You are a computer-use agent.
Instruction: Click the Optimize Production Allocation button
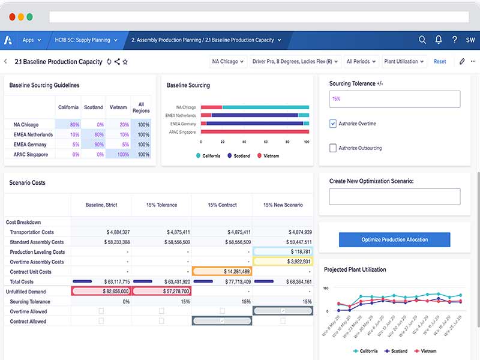(x=394, y=239)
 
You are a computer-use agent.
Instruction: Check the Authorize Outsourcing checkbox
(x=333, y=148)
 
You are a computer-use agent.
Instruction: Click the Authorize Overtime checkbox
(x=333, y=124)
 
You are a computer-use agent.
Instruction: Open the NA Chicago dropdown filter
(x=228, y=61)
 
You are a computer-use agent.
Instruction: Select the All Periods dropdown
(x=361, y=61)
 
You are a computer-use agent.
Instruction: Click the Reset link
(x=440, y=61)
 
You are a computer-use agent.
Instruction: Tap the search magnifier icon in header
(x=422, y=40)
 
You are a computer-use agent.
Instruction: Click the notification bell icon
(x=439, y=40)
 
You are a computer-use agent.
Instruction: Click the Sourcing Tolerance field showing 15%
(x=394, y=99)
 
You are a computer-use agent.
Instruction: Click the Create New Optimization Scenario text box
(x=394, y=196)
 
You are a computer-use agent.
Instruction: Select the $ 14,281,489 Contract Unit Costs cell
(x=222, y=272)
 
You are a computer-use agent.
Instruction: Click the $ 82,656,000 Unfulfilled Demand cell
(x=101, y=291)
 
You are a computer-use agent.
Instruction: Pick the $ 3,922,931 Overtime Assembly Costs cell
(x=283, y=262)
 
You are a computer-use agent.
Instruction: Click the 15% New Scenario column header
(x=283, y=205)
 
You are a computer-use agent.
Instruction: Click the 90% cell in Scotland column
(x=93, y=145)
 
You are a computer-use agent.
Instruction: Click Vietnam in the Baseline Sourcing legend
(x=271, y=155)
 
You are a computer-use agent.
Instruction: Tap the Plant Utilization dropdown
(x=404, y=61)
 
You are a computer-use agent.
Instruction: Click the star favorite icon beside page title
(x=125, y=61)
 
